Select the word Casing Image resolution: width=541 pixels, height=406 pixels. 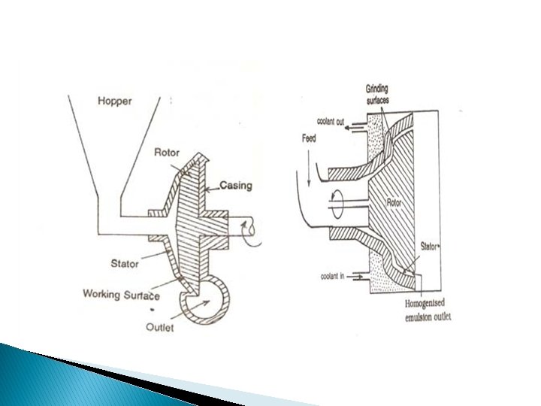235,186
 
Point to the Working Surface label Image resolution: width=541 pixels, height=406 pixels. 121,294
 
